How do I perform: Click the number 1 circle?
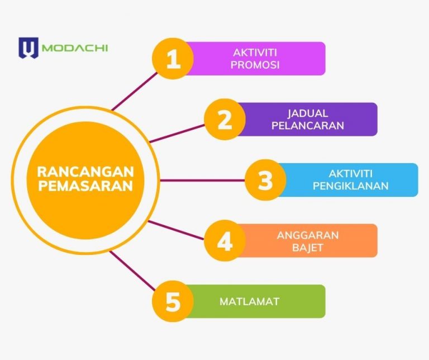pos(173,58)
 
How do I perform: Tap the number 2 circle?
pos(225,119)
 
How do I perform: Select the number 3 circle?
pos(265,180)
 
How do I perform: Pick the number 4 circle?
pos(225,241)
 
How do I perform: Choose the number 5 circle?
pos(173,302)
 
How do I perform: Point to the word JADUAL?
pos(308,113)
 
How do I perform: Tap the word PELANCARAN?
pos(308,126)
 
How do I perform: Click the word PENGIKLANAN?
pos(350,186)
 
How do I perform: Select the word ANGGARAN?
pos(307,235)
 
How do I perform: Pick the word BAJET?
pos(307,248)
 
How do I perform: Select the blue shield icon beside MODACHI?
pos(27,48)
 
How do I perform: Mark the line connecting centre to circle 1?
pos(134,91)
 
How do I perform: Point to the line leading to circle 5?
pos(132,271)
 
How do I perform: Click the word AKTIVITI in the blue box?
pos(350,174)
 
